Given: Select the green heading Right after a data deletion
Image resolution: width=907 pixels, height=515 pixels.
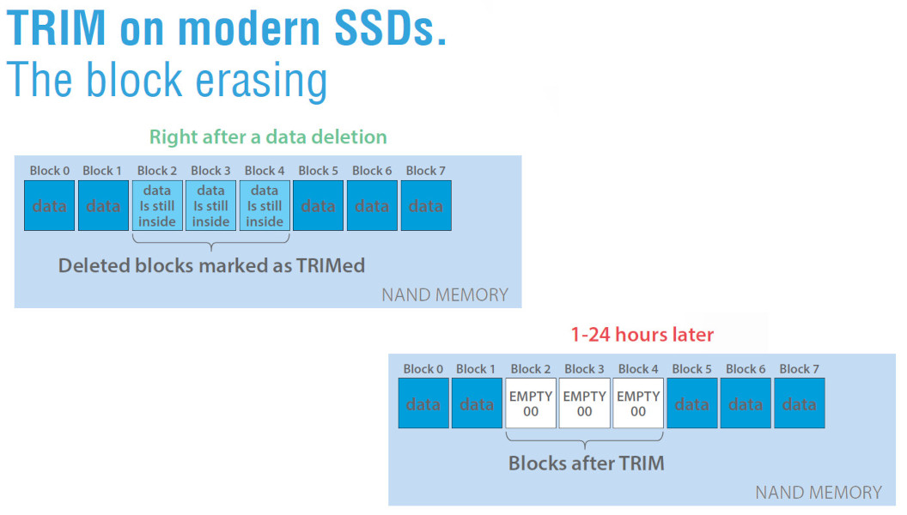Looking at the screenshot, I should (x=268, y=137).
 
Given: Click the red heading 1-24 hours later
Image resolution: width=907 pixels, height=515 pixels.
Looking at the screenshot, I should (x=642, y=335).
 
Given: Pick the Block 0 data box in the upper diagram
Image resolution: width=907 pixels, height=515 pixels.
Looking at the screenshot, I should (x=50, y=206).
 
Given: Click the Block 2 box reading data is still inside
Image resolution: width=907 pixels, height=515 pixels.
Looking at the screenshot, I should (x=157, y=206).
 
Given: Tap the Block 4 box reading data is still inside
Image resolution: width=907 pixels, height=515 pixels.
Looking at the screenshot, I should (x=265, y=206).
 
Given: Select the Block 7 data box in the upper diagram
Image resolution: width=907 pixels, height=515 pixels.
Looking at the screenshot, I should (x=425, y=206).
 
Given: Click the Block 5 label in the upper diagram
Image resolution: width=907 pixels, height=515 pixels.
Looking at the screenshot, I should (x=318, y=171).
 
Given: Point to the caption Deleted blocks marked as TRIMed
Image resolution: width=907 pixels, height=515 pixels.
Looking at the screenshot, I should (x=211, y=265).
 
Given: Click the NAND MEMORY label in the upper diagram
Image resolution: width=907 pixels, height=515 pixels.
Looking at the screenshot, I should (x=445, y=295).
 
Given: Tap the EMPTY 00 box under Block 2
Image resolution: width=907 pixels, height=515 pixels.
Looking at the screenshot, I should (x=531, y=403).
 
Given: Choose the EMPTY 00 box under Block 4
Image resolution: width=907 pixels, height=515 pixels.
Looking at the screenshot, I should (x=638, y=403).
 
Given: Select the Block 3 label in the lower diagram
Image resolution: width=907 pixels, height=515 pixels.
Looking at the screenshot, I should (x=584, y=369).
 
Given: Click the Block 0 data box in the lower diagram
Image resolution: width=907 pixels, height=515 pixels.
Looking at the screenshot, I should (x=423, y=403).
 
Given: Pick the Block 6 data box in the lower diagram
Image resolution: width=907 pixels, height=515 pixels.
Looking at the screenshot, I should (x=746, y=403).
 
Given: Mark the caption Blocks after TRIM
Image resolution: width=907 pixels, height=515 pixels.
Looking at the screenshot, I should (x=586, y=463).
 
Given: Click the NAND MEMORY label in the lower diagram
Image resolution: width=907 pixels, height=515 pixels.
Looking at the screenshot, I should (x=818, y=493).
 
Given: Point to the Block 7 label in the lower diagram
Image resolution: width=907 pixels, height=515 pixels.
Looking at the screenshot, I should (x=799, y=369).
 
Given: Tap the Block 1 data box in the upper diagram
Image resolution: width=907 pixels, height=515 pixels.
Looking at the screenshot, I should (x=103, y=206).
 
